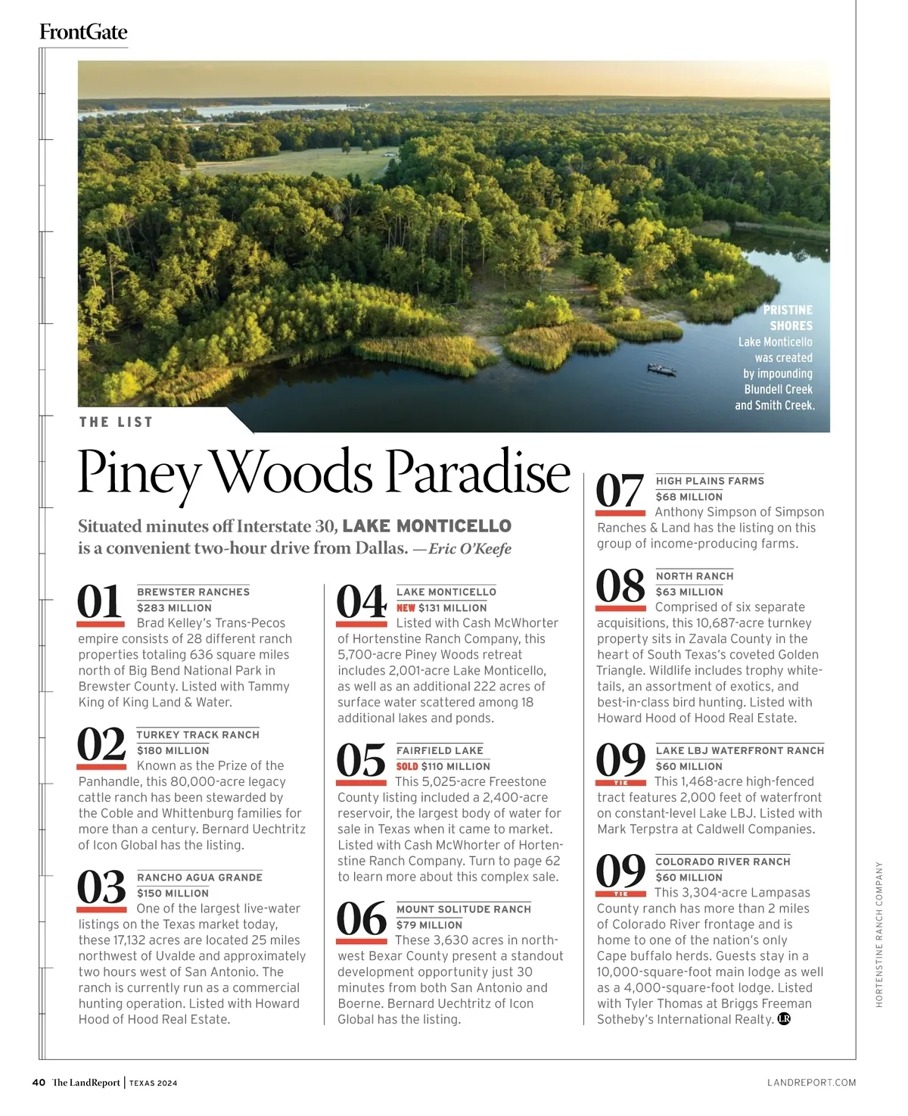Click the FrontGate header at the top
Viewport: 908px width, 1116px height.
click(83, 32)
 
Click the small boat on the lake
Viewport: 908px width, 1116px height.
click(661, 369)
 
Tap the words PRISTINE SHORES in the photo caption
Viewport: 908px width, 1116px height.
click(788, 318)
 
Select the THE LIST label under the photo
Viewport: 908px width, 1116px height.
click(116, 422)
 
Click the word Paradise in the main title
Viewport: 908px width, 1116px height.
click(477, 472)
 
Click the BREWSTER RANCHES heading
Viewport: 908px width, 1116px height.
click(193, 592)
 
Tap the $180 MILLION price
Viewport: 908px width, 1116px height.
click(173, 750)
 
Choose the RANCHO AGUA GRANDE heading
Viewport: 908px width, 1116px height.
click(200, 878)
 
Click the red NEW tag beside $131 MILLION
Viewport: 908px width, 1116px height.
click(406, 608)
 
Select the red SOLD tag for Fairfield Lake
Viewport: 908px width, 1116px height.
click(407, 767)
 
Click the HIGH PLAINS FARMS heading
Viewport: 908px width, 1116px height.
click(710, 481)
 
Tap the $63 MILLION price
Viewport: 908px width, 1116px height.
click(689, 592)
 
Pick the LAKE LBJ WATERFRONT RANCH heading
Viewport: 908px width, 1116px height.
click(739, 750)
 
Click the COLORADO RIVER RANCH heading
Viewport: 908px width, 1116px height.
click(723, 862)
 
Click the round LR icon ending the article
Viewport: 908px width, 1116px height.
click(784, 1019)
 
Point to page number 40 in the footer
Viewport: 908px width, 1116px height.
click(39, 1083)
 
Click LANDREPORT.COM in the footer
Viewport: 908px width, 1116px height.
click(811, 1083)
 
